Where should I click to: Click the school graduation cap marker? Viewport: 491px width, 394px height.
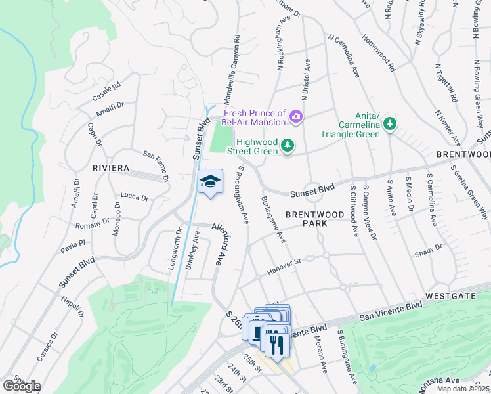click(x=210, y=182)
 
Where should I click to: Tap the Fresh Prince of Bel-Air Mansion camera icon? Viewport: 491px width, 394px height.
click(x=296, y=118)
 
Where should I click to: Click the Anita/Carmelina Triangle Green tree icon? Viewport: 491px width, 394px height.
click(x=390, y=123)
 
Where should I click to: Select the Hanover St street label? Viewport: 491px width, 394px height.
click(x=284, y=266)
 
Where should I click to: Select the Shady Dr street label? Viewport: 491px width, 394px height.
click(x=429, y=250)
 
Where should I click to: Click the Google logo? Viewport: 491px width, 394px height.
click(x=21, y=386)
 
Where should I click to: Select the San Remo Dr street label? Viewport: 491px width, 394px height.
click(x=156, y=167)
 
